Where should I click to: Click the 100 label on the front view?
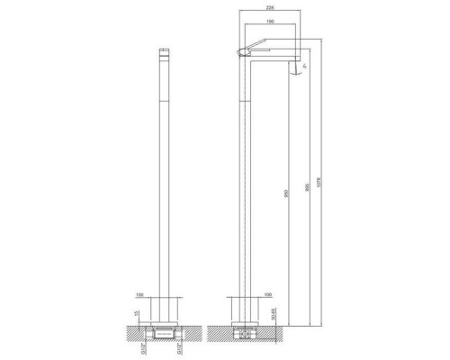139,293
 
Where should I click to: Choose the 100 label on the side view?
267,293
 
